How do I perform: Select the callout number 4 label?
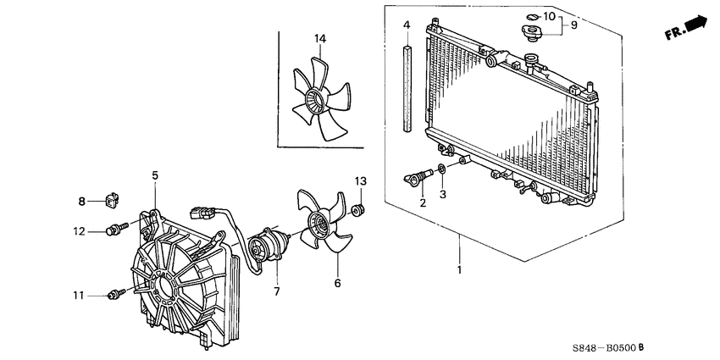[x=407, y=25]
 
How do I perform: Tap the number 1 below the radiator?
[x=460, y=271]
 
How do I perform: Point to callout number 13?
[x=360, y=181]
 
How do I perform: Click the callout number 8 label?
[x=81, y=202]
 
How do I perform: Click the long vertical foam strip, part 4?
[x=407, y=89]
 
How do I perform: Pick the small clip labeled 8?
[x=110, y=201]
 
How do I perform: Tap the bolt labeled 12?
[x=116, y=230]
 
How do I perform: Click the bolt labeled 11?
[x=116, y=293]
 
